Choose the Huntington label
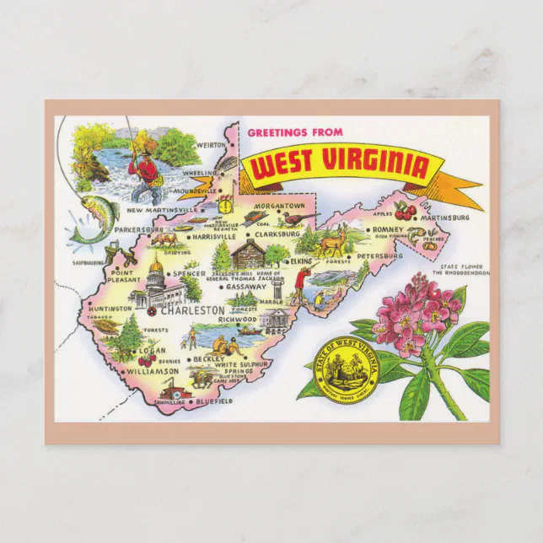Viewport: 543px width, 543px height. pos(109,309)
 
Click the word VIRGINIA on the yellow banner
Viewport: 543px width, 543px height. pos(373,165)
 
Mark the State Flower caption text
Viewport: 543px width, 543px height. pos(460,269)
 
